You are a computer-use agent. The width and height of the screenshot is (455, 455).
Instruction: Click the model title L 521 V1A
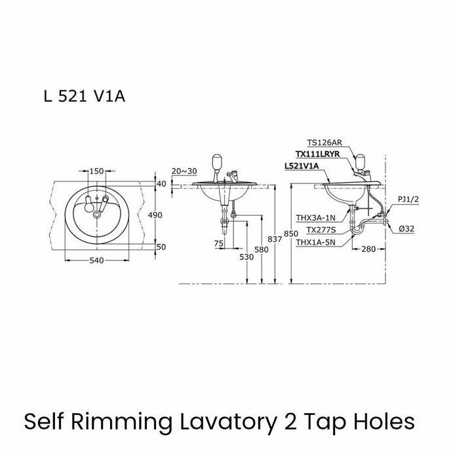(x=85, y=96)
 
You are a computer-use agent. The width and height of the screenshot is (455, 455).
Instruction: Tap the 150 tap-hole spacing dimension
(x=96, y=171)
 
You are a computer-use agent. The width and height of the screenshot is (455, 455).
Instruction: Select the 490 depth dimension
(x=155, y=215)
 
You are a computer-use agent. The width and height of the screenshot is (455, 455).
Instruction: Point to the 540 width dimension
(x=96, y=260)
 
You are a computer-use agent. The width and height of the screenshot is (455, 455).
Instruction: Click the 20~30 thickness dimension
(x=184, y=171)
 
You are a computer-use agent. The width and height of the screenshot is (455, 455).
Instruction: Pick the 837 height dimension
(x=275, y=239)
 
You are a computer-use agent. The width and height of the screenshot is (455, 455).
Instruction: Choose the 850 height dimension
(x=290, y=233)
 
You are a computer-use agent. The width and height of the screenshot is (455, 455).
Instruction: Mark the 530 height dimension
(x=247, y=257)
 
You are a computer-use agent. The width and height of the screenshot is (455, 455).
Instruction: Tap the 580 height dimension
(x=262, y=250)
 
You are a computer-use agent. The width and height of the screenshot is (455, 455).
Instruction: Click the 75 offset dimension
(x=219, y=244)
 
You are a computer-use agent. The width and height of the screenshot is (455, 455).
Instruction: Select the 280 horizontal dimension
(x=368, y=249)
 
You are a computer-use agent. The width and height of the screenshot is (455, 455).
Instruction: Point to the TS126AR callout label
(x=325, y=143)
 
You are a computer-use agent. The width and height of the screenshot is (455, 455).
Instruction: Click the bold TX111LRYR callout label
(x=317, y=154)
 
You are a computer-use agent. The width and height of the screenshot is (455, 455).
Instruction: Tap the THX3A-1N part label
(x=315, y=218)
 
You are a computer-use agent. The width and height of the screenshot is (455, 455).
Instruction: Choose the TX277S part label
(x=321, y=230)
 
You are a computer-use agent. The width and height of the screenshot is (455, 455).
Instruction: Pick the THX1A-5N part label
(x=315, y=243)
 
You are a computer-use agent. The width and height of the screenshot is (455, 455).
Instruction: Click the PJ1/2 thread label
(x=408, y=200)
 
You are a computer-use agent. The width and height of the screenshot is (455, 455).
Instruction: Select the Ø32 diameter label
(x=406, y=229)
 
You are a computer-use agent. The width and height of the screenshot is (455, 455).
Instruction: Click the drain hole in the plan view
(x=96, y=214)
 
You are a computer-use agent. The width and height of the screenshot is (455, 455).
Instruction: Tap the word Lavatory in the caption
(x=228, y=422)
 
